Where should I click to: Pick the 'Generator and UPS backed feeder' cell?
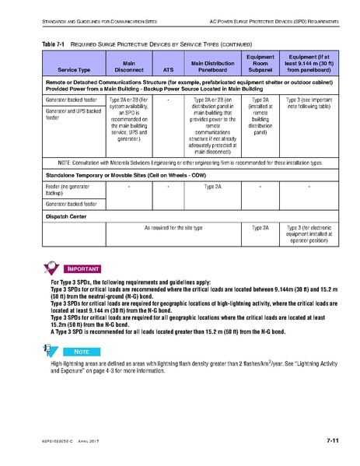point(73,115)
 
